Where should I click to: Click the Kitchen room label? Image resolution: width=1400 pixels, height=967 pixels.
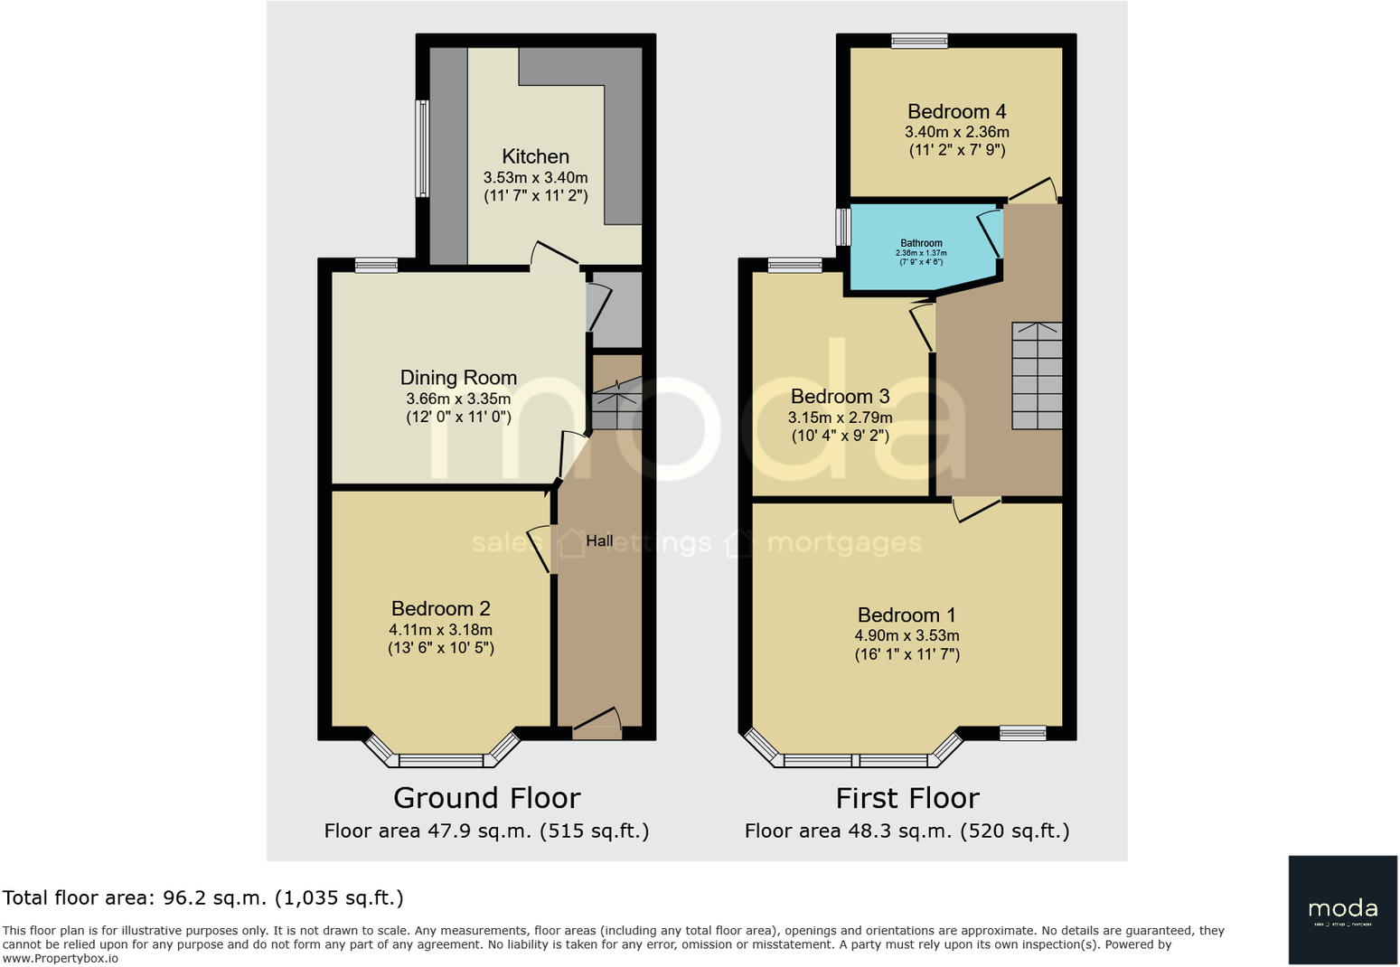point(535,156)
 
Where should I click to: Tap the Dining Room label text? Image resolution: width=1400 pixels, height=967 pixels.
point(458,378)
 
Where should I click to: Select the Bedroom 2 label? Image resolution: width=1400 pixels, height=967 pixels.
point(440,609)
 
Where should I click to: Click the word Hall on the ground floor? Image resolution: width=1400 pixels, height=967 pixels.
point(599,541)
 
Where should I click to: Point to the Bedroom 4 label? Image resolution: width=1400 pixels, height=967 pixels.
point(956,112)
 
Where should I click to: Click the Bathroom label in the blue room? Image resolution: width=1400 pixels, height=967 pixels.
point(921,243)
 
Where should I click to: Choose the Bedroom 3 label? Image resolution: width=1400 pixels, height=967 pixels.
point(840,397)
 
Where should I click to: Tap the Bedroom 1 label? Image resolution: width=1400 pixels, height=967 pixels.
point(907,615)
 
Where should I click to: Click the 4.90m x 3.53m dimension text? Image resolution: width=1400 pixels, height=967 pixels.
point(907,636)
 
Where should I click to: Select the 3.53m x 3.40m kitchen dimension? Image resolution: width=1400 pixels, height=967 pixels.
point(535,178)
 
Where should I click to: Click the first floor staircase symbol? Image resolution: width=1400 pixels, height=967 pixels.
point(1037,376)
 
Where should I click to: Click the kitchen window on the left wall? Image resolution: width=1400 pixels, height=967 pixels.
point(421,148)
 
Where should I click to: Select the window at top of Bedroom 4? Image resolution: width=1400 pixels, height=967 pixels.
point(918,41)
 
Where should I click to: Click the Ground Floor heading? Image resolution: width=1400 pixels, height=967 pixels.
point(486,798)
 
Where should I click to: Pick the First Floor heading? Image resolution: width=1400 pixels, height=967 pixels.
point(907,798)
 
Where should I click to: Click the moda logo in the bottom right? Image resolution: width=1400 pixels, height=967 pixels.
point(1342,909)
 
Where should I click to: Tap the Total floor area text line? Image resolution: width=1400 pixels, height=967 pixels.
point(202,898)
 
